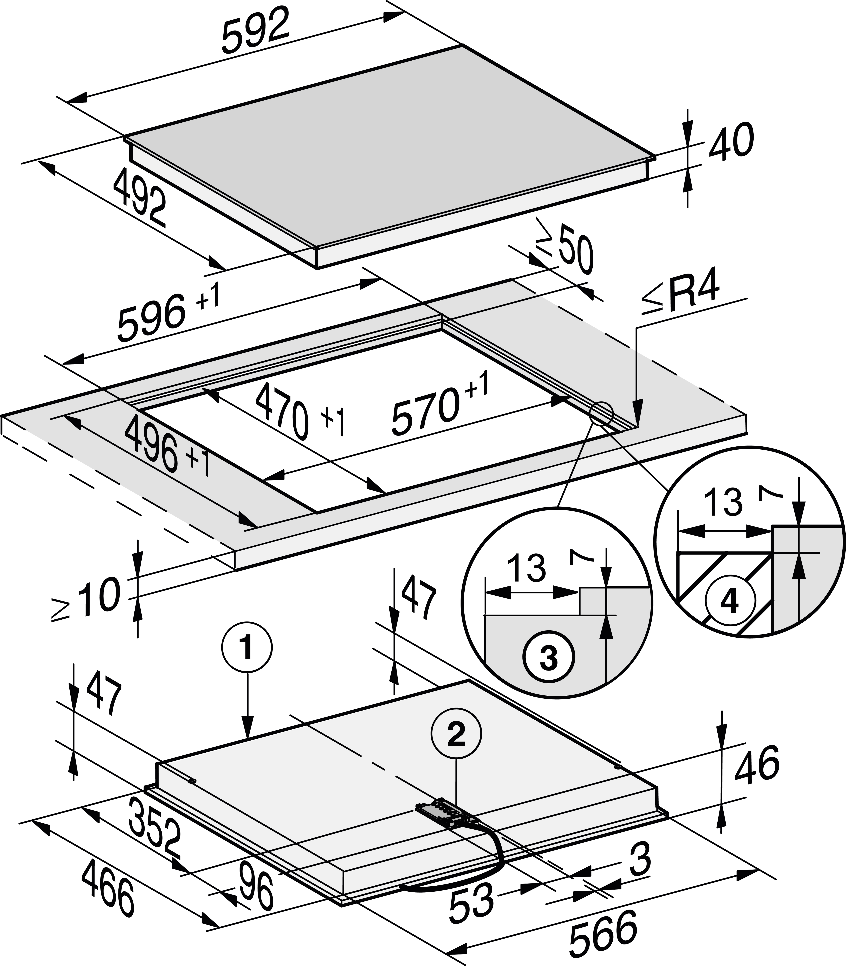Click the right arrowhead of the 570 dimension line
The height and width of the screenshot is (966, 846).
(x=562, y=401)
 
